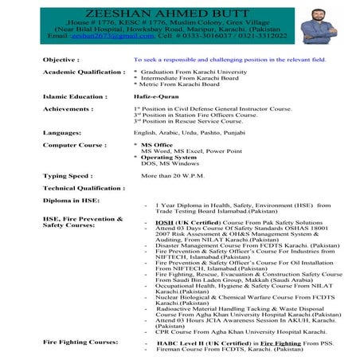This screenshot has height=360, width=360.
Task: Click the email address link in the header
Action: point(94,37)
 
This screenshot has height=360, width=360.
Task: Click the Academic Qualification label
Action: point(84,72)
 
